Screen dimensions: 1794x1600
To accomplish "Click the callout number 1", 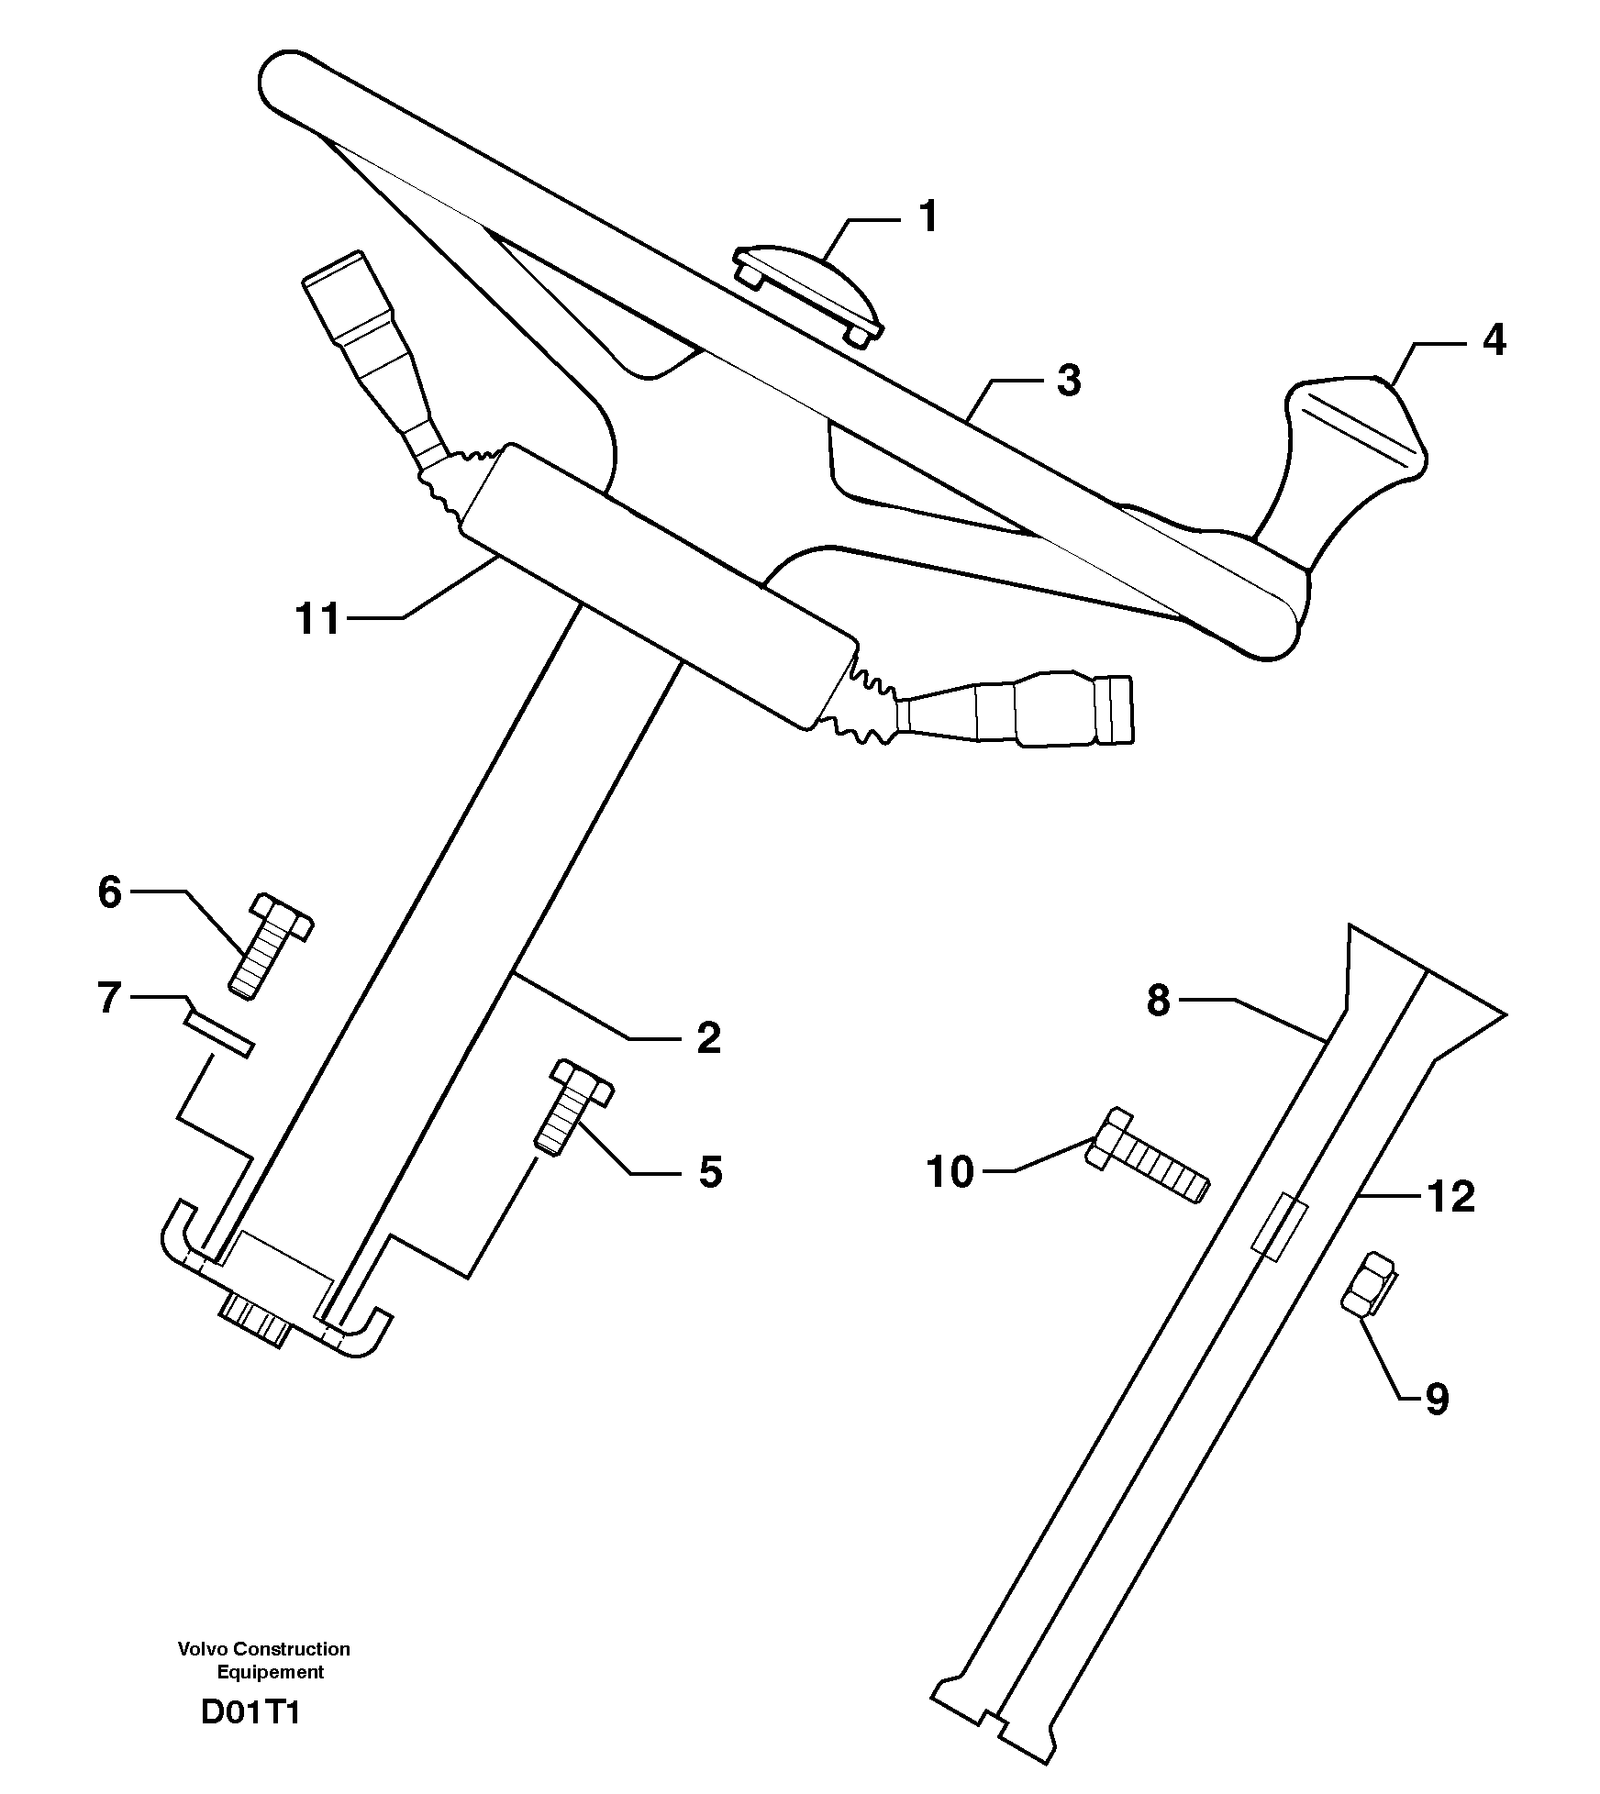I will pos(928,218).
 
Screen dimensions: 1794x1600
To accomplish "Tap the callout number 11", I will pos(317,619).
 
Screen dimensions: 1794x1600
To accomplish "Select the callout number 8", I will pos(1159,1001).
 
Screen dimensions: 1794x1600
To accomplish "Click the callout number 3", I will pos(1068,381).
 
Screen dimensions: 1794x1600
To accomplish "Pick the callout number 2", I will pos(708,1038).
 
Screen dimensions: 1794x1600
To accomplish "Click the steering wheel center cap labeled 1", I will pos(807,293).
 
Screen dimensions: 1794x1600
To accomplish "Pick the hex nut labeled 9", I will pos(1368,1285).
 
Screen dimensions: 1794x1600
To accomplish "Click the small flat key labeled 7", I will pos(218,1032).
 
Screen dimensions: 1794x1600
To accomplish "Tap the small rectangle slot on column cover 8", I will pos(1281,1227).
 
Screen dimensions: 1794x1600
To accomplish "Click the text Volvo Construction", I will pos(264,1649).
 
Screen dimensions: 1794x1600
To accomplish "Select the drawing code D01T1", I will pos(250,1712).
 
